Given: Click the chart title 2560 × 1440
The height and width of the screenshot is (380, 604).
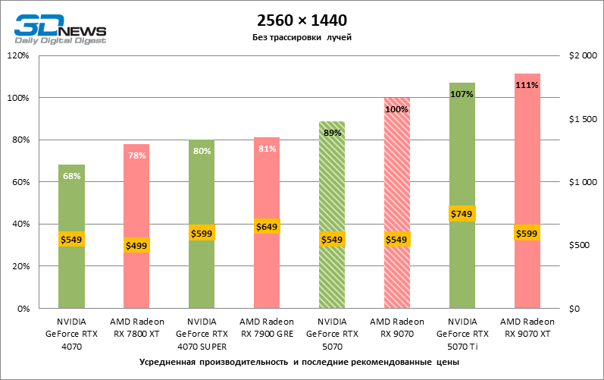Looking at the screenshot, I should (x=302, y=20).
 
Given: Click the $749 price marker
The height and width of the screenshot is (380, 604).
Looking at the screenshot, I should (x=462, y=215).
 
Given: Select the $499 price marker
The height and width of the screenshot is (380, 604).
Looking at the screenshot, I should (x=136, y=245).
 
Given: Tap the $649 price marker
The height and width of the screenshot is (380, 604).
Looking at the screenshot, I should (x=267, y=226).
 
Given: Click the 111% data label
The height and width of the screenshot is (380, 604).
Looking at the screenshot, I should (x=527, y=85).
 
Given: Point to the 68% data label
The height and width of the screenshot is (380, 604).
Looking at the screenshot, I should (x=71, y=176).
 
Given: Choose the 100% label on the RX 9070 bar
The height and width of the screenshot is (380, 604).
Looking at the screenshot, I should (x=396, y=109).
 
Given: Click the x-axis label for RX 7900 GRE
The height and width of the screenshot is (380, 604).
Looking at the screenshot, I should (x=267, y=327).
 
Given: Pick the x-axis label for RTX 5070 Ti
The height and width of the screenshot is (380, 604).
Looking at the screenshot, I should (x=462, y=333).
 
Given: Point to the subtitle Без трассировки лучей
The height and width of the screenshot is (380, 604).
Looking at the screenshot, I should (x=302, y=37).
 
